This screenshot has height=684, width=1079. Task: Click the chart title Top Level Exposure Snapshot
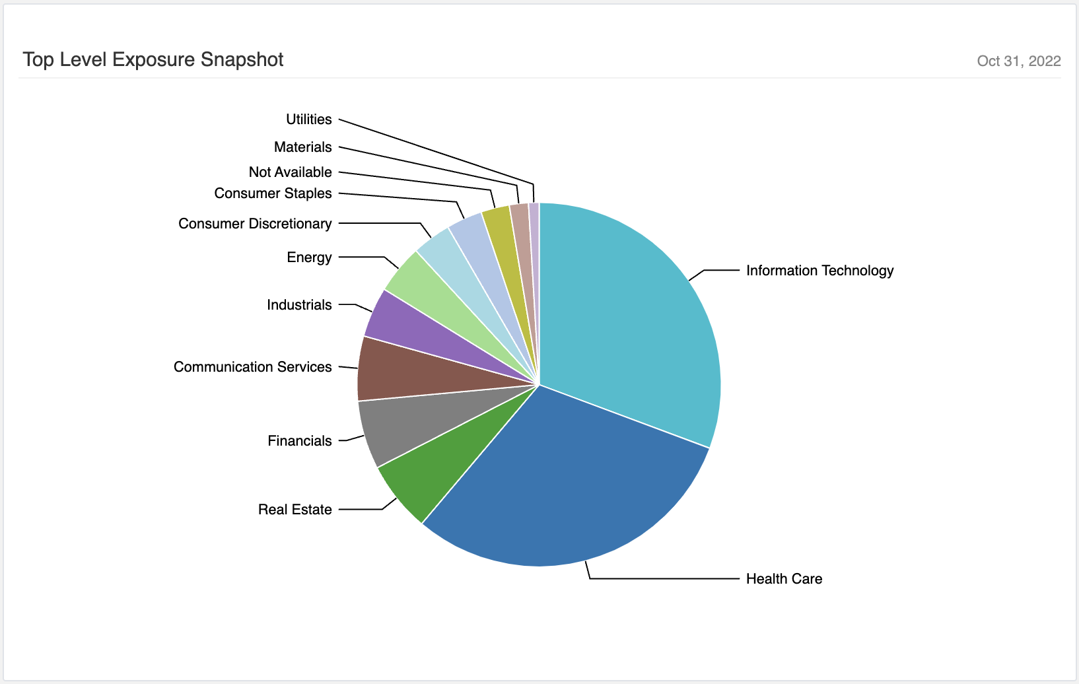(153, 59)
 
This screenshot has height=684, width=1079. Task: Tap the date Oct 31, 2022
(1019, 61)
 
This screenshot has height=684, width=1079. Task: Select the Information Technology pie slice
(636, 313)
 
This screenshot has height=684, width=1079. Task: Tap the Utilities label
(309, 120)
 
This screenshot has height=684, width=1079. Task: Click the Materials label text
(302, 147)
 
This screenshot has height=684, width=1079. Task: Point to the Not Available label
(290, 172)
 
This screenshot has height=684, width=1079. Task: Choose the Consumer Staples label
(273, 193)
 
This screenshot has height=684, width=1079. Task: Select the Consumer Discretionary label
(255, 224)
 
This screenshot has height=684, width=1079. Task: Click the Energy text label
(309, 257)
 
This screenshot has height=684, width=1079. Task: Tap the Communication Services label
(252, 367)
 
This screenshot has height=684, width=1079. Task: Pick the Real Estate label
(295, 510)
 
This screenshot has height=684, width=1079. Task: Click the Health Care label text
(784, 578)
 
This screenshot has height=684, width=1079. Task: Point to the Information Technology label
(820, 271)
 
